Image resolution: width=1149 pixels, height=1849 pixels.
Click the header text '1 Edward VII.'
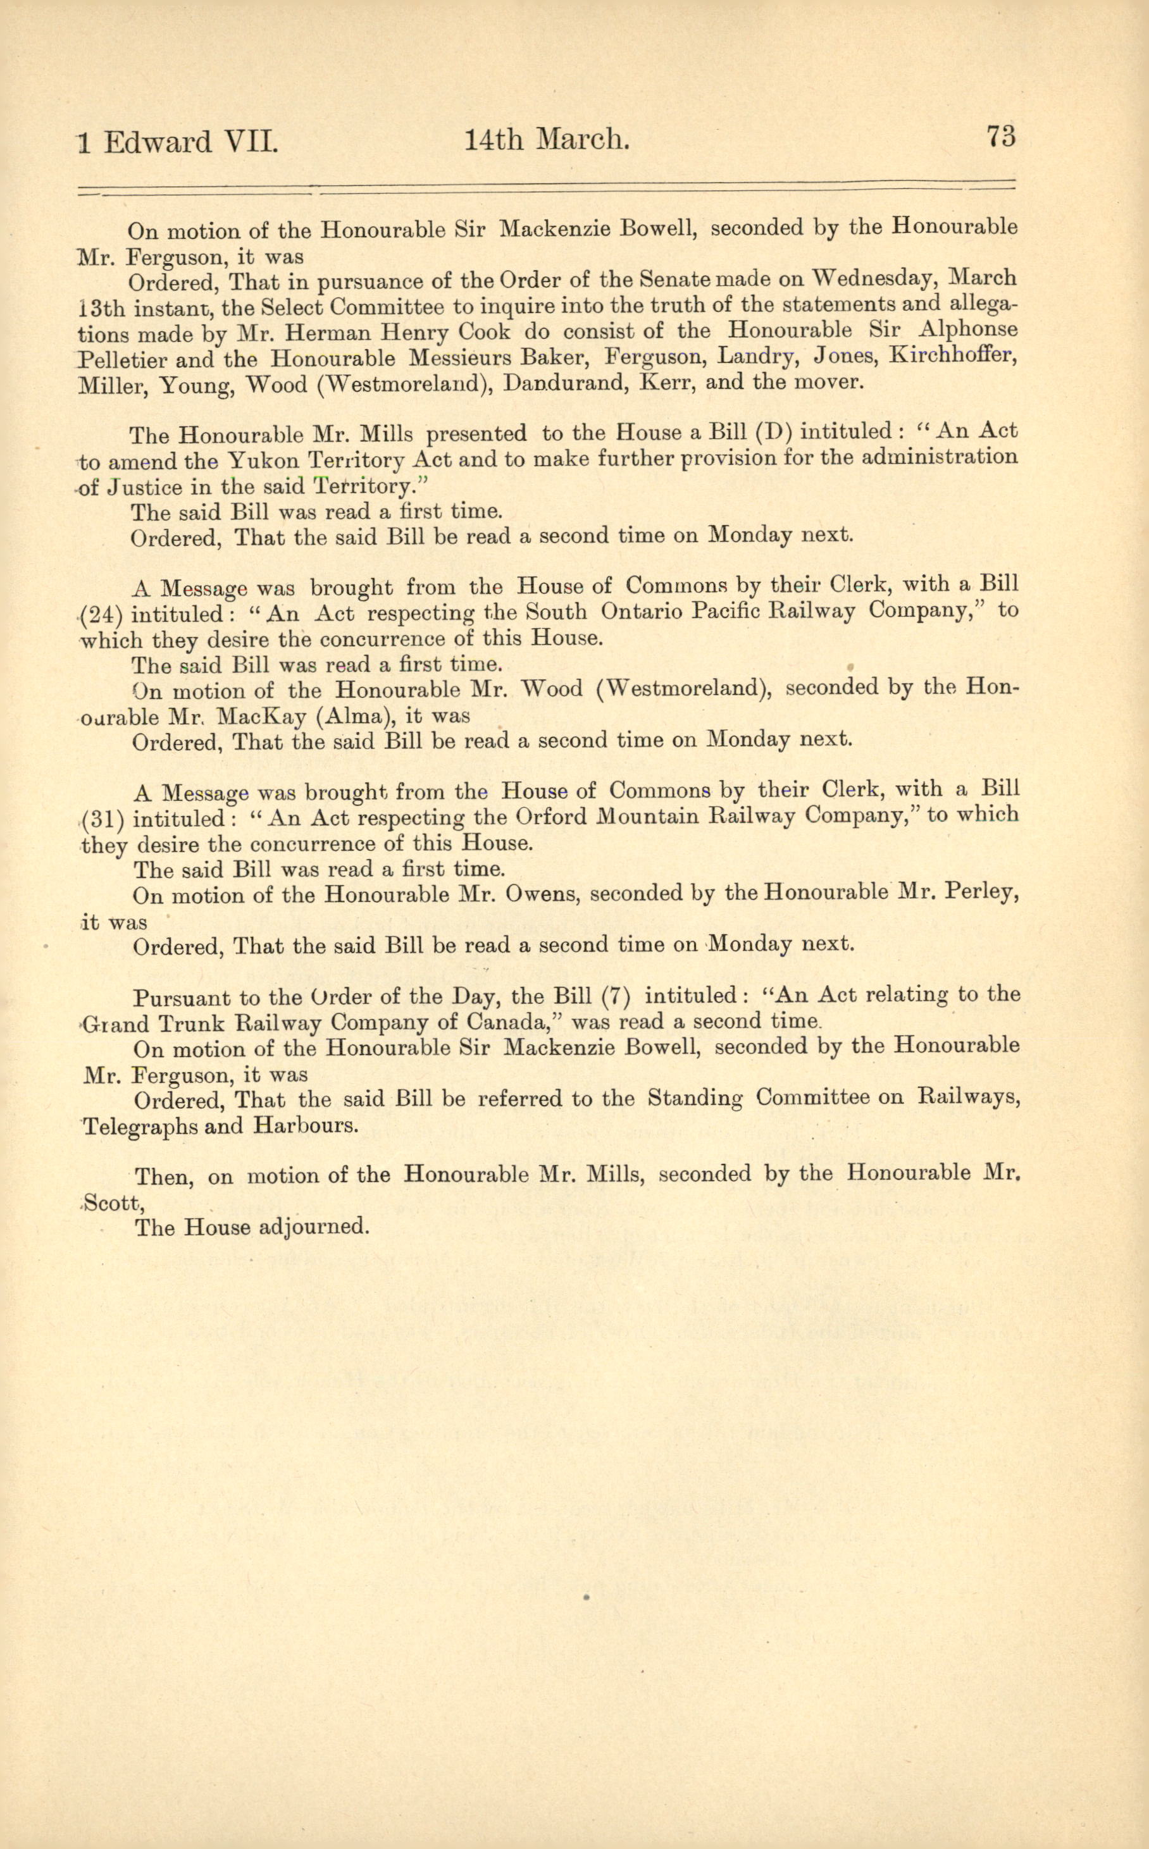[178, 143]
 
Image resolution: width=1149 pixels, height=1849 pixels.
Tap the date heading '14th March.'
[547, 140]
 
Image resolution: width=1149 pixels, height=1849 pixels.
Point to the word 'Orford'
[551, 817]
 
